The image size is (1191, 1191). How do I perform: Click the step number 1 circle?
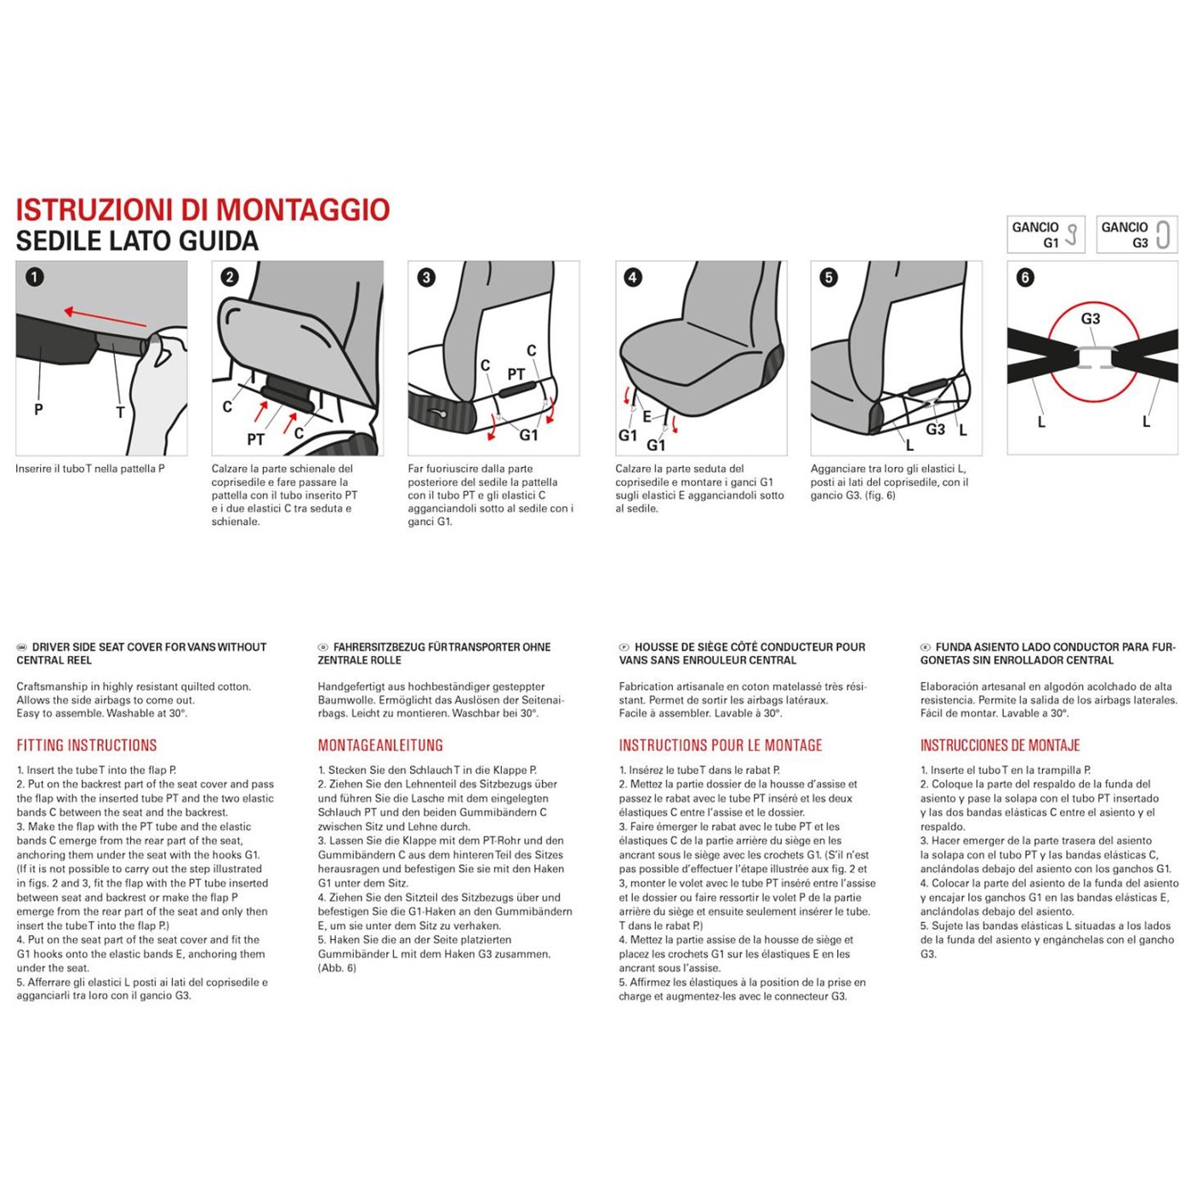(35, 277)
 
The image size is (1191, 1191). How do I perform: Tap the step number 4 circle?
(633, 277)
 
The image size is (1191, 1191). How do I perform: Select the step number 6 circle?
(1026, 277)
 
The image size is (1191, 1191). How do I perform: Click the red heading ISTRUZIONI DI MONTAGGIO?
(202, 210)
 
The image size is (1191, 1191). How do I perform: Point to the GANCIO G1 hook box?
(1046, 235)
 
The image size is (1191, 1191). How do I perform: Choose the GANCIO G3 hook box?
(1137, 235)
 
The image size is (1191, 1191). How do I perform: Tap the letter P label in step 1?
(38, 409)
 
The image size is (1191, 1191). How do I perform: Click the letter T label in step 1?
(120, 413)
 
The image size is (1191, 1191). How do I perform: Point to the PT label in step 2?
(255, 440)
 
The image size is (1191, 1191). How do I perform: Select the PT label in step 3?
(516, 374)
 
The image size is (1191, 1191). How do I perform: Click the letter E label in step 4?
(647, 417)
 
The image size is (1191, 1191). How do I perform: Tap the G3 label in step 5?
(935, 430)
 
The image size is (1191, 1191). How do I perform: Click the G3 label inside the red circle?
(1091, 319)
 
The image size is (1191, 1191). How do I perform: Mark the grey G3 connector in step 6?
(1094, 357)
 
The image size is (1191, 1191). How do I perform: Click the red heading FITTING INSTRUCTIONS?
(87, 746)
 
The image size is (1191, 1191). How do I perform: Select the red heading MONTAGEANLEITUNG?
(380, 746)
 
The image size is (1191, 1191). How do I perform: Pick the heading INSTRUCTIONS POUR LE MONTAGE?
(721, 746)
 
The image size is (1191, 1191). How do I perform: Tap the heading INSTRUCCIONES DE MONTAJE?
(1000, 746)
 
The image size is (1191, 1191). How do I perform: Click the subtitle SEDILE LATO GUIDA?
(137, 242)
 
